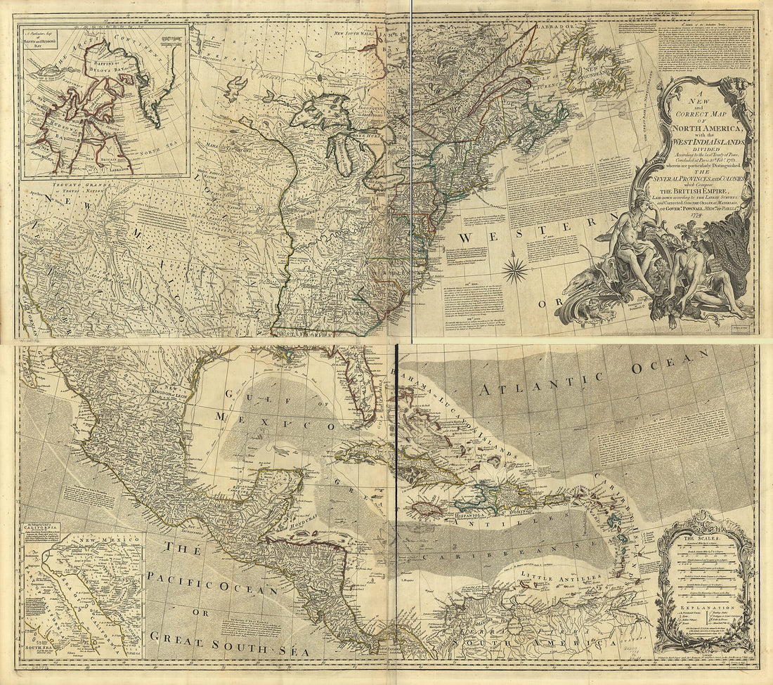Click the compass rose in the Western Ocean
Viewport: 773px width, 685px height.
(x=515, y=269)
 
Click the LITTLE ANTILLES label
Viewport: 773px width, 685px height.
(x=561, y=576)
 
